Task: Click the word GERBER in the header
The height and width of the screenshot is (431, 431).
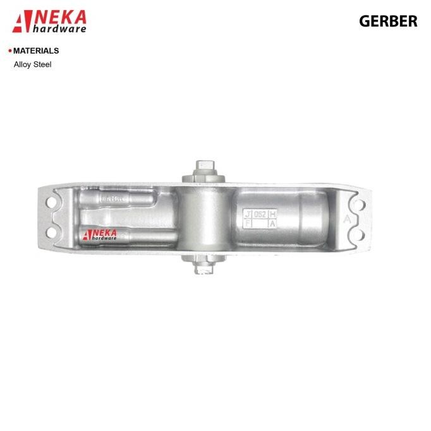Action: point(388,21)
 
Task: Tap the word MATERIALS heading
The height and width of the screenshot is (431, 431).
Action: point(36,51)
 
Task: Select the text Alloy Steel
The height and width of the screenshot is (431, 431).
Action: point(32,64)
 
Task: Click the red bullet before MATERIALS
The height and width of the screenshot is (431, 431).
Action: point(9,51)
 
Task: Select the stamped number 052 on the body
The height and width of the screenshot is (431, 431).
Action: point(260,214)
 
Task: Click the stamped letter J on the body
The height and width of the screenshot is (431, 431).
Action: point(248,214)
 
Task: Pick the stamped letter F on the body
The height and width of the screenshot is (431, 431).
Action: point(248,224)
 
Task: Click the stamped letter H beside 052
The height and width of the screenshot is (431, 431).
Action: point(272,214)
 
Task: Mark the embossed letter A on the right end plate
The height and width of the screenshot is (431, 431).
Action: point(347,219)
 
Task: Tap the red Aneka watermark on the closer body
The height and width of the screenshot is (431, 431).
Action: point(100,234)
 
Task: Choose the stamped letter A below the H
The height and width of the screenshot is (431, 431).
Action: point(272,224)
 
